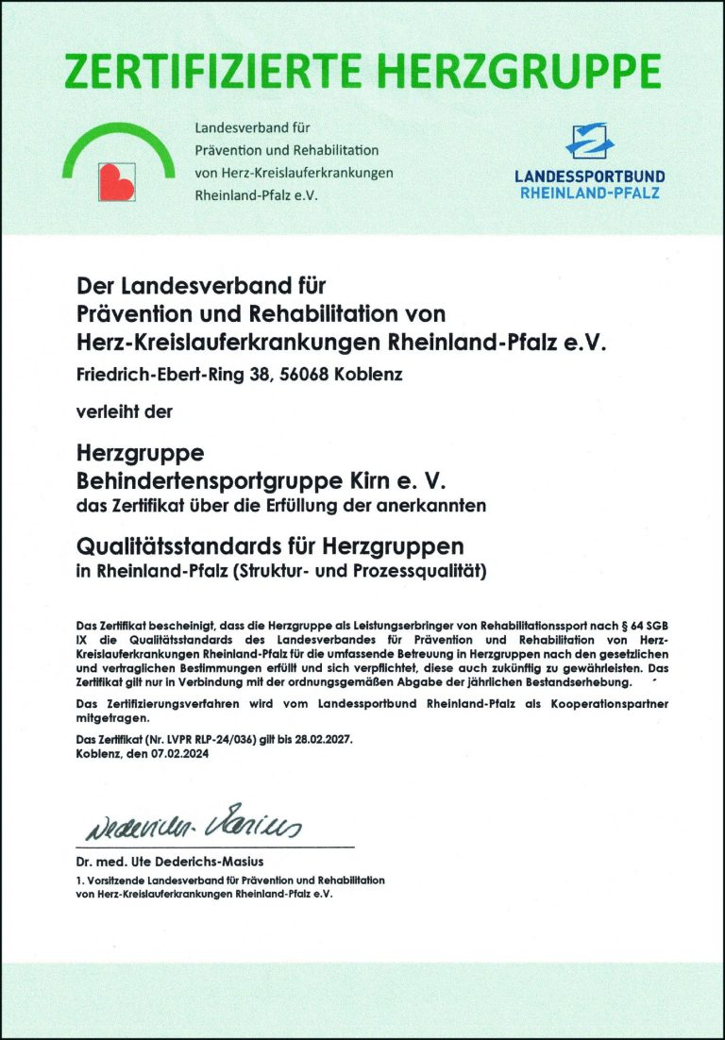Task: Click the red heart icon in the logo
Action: click(x=117, y=178)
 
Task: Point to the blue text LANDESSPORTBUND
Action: click(x=589, y=176)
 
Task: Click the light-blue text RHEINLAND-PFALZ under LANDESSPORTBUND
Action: click(x=589, y=193)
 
